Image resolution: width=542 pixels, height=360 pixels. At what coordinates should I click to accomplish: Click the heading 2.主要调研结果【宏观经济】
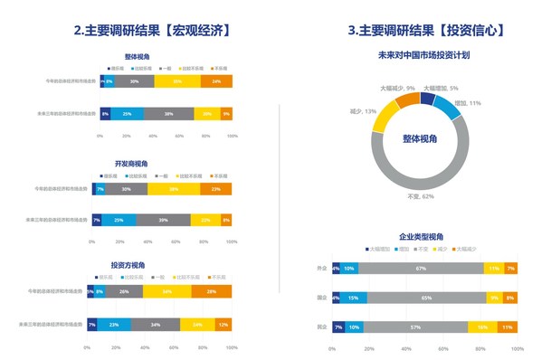click(151, 30)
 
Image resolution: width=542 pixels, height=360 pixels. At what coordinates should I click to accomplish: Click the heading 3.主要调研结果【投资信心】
click(423, 30)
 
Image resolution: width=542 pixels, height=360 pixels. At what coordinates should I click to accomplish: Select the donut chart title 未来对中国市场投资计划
click(423, 55)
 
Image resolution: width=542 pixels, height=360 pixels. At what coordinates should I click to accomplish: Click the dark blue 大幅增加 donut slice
click(428, 96)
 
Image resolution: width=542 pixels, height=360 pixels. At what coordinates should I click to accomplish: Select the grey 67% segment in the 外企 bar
click(422, 269)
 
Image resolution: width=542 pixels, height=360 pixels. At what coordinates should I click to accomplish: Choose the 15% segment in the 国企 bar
click(352, 298)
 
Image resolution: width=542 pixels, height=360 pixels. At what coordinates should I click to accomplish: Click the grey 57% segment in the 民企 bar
click(415, 327)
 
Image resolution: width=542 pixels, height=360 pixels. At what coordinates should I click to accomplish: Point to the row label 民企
click(321, 327)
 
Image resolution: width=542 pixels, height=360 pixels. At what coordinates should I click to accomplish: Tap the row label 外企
click(321, 269)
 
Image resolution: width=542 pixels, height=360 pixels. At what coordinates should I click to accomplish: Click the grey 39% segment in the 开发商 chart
click(163, 220)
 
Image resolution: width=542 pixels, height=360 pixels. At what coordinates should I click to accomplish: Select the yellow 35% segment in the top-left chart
click(177, 81)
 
